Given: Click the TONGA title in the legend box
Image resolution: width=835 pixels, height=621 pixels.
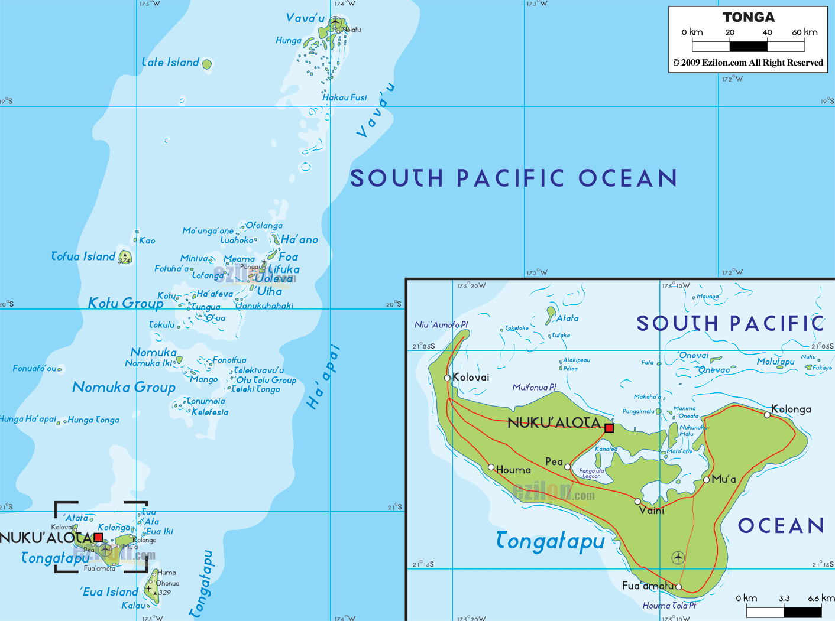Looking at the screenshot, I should click(748, 17).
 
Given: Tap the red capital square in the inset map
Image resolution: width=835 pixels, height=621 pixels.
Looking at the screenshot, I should click(609, 428).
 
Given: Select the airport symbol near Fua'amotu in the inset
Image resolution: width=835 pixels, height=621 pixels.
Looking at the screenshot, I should click(678, 557).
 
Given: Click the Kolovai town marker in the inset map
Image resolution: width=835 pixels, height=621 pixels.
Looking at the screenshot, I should click(447, 378).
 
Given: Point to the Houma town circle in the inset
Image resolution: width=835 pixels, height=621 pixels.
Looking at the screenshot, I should click(491, 467).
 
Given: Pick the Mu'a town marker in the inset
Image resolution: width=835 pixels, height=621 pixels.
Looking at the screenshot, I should click(706, 480).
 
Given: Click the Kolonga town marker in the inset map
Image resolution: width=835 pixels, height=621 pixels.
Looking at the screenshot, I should click(767, 415).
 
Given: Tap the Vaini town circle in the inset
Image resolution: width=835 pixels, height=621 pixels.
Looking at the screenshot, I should click(637, 502).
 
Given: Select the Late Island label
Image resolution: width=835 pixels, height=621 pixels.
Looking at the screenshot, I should click(170, 63).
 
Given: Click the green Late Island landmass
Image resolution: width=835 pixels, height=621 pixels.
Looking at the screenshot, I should click(207, 64).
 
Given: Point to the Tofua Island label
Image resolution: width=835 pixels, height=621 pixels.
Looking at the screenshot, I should click(83, 256).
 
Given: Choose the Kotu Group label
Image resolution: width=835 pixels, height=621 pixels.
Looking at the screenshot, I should click(125, 303).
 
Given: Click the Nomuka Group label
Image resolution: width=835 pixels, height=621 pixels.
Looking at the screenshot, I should click(124, 388).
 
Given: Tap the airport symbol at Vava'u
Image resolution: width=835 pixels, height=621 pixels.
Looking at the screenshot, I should click(335, 23).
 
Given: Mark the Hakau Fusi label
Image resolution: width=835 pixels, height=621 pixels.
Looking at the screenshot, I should click(345, 97).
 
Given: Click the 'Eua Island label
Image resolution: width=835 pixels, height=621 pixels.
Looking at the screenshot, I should click(109, 592).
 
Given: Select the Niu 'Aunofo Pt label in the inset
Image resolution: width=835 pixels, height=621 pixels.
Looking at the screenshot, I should click(441, 324).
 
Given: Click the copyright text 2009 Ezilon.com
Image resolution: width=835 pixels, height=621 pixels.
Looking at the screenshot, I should click(748, 63).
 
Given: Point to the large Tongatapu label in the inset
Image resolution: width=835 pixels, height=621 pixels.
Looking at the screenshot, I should click(550, 541).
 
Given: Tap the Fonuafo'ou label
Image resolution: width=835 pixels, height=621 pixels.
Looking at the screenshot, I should click(35, 368).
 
